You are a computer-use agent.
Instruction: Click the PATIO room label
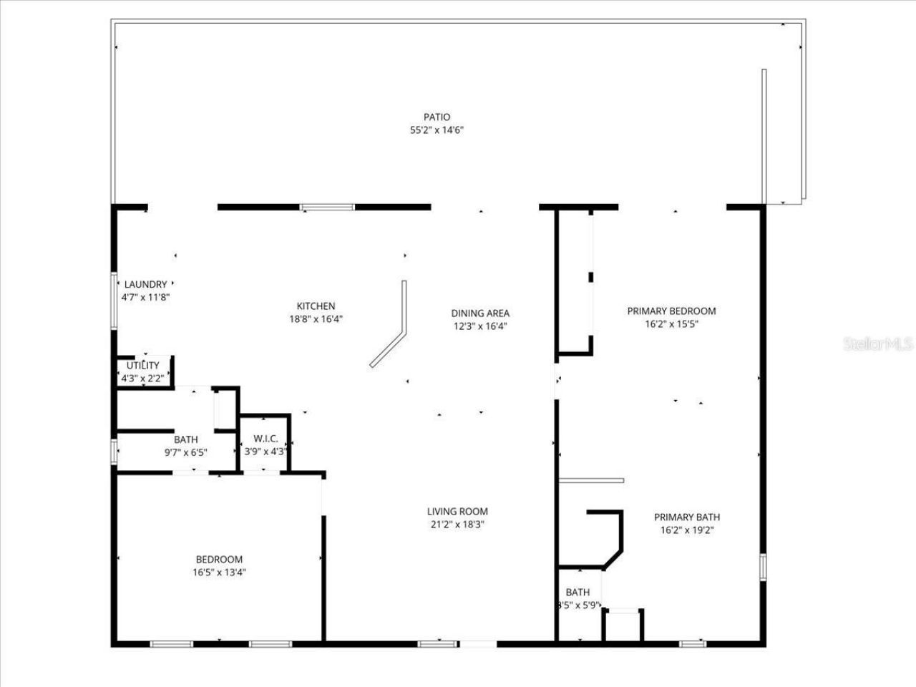click(437, 117)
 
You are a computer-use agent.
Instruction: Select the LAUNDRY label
click(145, 284)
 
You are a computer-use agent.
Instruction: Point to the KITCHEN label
click(316, 306)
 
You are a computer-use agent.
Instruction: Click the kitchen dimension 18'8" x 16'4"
click(312, 319)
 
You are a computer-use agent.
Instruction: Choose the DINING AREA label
click(480, 313)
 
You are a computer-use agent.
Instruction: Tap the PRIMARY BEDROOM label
click(671, 311)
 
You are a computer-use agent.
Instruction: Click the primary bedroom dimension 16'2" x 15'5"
click(671, 323)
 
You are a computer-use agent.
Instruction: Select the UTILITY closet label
click(143, 366)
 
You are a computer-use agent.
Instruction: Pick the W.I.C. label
click(265, 439)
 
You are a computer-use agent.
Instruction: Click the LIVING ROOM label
click(457, 511)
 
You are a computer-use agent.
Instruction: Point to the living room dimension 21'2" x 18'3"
click(457, 524)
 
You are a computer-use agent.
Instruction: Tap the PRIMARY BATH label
click(687, 517)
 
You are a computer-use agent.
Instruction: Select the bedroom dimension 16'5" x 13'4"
click(219, 572)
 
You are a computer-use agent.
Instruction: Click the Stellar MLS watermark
click(878, 344)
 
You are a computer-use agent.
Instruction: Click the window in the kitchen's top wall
click(327, 208)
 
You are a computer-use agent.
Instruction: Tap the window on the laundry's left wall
click(113, 301)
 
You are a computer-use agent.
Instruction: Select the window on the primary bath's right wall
click(762, 566)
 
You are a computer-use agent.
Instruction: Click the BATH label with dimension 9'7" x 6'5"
click(186, 439)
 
